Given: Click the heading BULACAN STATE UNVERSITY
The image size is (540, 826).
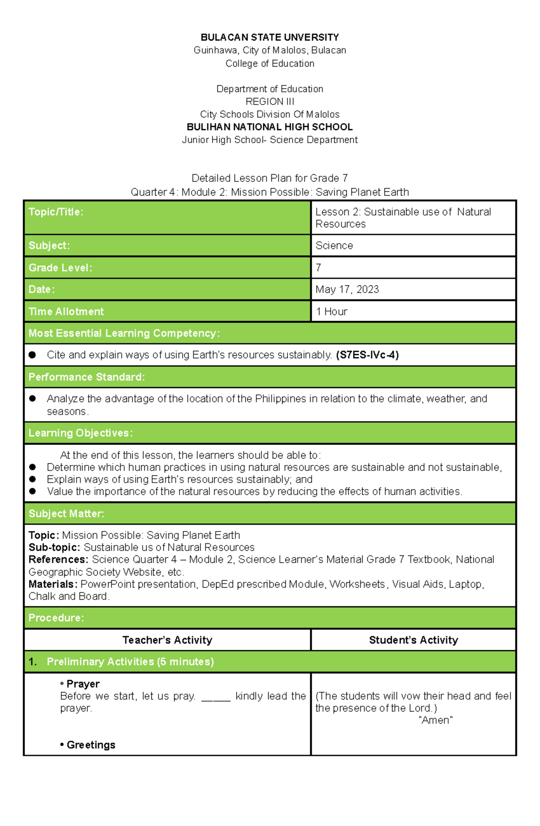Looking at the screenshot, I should point(270,37).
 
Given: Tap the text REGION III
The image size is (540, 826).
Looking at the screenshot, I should point(270,102).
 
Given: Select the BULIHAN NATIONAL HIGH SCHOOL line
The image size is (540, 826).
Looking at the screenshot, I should point(270,127).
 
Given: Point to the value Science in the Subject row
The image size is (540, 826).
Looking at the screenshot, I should point(334,246).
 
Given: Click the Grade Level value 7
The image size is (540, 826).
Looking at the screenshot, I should point(319,268).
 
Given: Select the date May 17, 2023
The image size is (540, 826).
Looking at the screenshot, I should point(347,289).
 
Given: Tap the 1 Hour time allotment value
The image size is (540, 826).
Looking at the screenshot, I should point(332,311).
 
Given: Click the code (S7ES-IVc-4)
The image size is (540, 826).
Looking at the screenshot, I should point(367,355).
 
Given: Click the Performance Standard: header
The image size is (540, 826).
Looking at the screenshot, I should point(86,377).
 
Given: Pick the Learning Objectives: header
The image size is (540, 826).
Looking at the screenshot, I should point(81,433).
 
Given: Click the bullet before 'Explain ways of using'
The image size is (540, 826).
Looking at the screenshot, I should point(32,479).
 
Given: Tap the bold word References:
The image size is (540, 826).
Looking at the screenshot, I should point(58,560).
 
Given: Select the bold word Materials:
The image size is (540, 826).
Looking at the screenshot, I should point(53,584).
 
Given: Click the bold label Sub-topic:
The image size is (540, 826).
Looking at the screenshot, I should point(54,547).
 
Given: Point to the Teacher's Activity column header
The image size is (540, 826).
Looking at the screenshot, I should point(167,640).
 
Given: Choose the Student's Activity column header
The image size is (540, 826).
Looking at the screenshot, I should point(413,640).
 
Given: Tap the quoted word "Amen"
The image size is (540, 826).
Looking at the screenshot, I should point(435,720).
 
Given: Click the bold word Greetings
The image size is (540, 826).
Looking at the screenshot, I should point(90,745).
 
